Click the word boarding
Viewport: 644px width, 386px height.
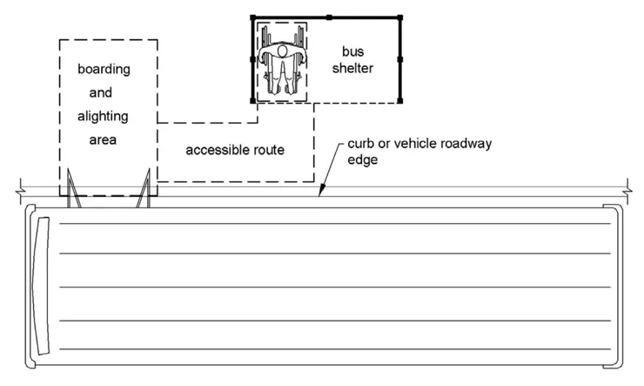pos(104,68)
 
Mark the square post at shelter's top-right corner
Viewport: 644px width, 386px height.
pos(399,17)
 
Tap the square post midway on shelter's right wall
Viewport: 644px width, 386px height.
pos(399,59)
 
